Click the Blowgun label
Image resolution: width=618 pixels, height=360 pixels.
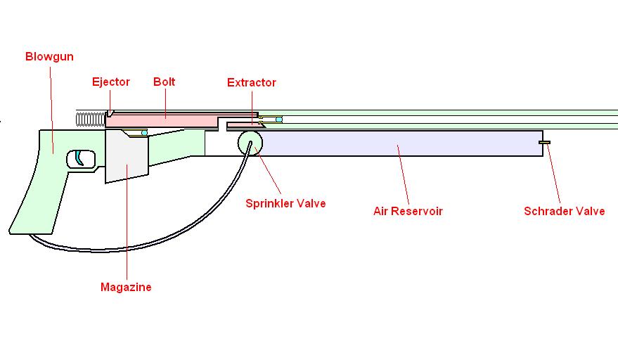tap(49, 56)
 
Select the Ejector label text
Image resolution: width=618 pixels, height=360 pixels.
tap(111, 82)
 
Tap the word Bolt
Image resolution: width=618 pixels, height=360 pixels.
tap(165, 82)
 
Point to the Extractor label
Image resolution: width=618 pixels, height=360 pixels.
tap(252, 82)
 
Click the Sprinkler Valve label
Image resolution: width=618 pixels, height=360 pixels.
tap(285, 204)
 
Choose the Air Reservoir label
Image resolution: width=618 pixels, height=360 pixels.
tap(408, 210)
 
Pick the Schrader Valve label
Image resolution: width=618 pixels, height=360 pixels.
tap(564, 210)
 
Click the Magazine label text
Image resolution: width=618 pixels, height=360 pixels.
tap(126, 287)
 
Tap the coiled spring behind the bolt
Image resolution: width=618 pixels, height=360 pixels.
tap(89, 119)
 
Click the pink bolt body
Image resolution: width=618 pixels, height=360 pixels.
tap(162, 120)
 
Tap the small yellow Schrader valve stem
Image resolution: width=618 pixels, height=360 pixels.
tap(545, 143)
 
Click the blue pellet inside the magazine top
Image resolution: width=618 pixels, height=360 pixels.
tap(143, 132)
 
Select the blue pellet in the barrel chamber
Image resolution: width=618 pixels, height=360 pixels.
tap(279, 120)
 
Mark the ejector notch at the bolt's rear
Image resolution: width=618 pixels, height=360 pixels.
tap(110, 112)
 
